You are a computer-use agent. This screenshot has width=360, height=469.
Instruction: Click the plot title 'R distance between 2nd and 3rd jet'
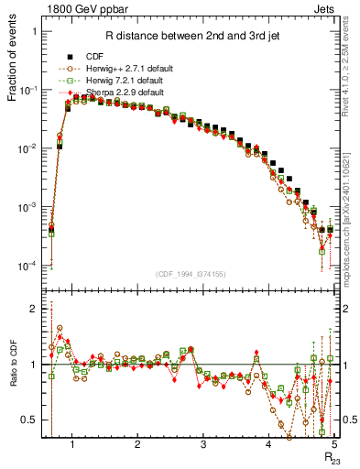(x=193, y=37)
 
